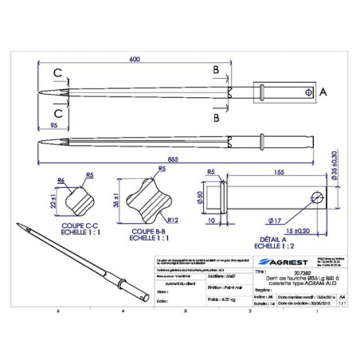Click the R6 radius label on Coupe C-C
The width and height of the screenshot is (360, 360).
(x=61, y=182)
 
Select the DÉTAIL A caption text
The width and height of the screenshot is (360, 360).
(x=273, y=239)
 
